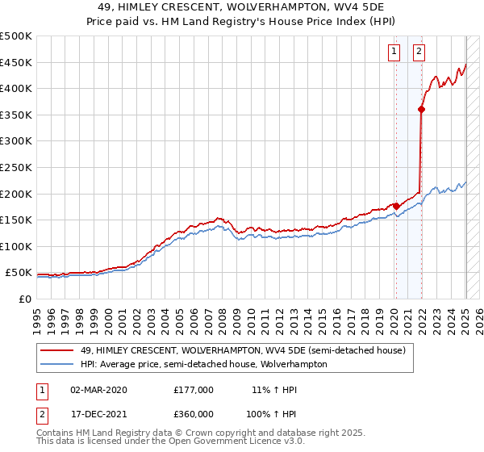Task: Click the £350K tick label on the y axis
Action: [x=16, y=115]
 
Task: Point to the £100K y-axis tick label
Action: [x=16, y=247]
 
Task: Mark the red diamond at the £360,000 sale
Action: [x=422, y=110]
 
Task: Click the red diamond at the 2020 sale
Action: [x=396, y=206]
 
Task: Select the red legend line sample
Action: [x=56, y=350]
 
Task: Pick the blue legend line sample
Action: [x=56, y=364]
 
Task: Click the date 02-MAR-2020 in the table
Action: [x=98, y=390]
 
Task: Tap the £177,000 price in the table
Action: [x=194, y=390]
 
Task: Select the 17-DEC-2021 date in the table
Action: [x=98, y=414]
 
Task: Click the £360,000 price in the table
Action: [x=194, y=414]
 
